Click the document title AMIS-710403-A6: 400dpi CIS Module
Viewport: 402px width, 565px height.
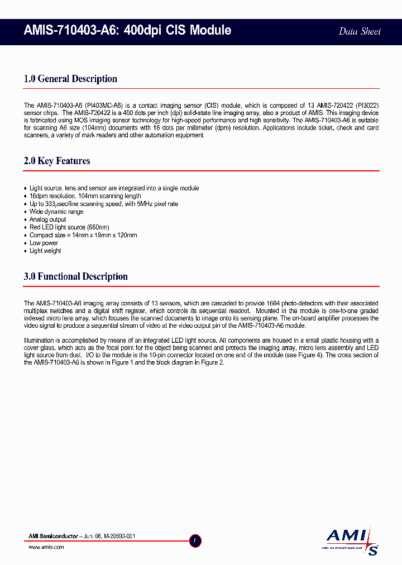[127, 31]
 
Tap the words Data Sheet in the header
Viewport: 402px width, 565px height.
[360, 31]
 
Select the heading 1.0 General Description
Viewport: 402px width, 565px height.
[70, 79]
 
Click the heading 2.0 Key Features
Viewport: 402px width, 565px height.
[57, 161]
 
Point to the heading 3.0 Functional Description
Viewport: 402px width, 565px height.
[76, 276]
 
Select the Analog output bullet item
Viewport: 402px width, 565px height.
[47, 219]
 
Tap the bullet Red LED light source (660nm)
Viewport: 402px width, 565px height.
[69, 227]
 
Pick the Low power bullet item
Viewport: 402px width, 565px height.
[44, 243]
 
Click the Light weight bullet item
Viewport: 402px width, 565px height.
[45, 251]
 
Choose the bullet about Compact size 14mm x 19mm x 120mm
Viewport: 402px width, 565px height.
[83, 235]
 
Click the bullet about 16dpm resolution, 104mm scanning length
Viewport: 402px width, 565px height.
[85, 196]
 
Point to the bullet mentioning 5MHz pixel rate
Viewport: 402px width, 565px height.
[104, 204]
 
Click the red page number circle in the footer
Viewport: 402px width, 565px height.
[195, 540]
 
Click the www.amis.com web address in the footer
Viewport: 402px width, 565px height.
[46, 547]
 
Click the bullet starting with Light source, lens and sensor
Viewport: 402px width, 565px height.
[114, 188]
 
